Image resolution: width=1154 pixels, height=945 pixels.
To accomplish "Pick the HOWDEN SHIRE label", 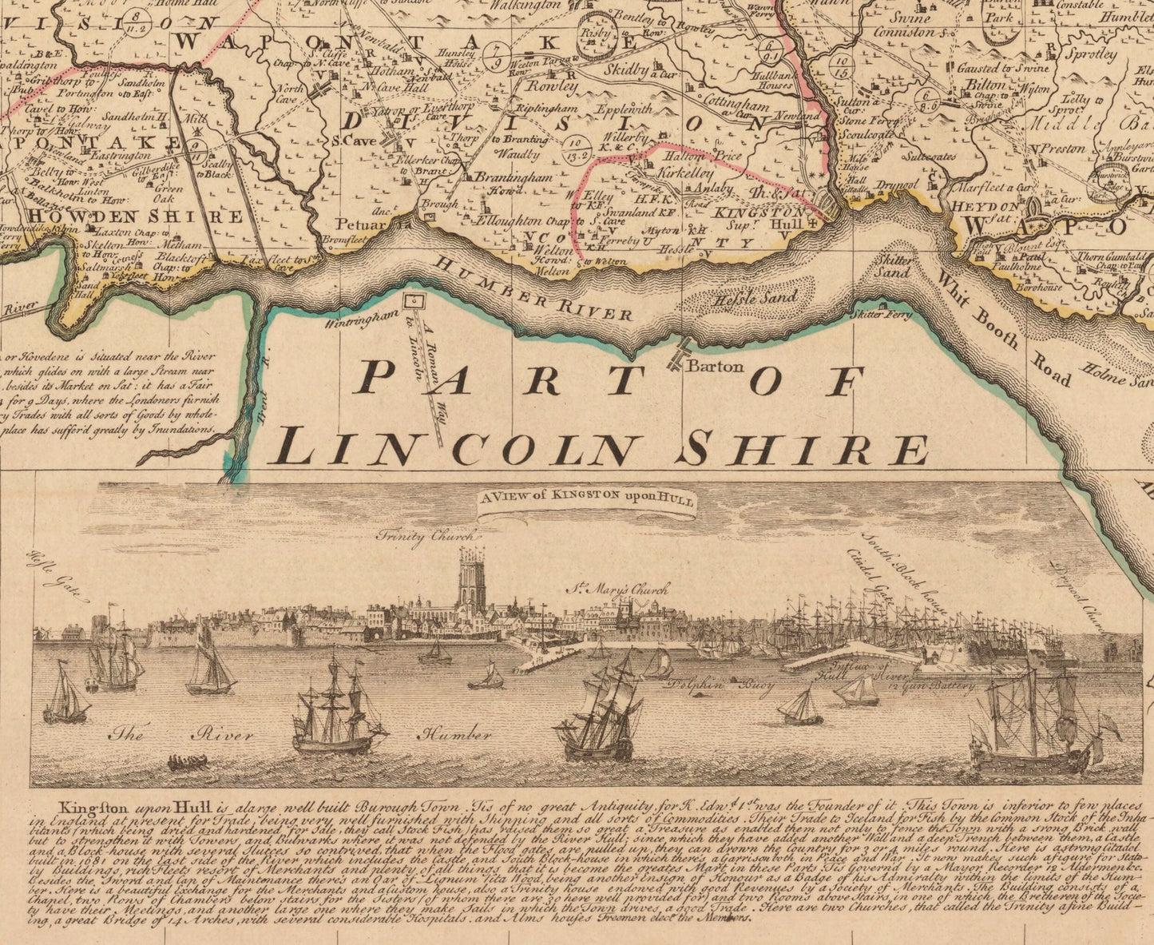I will click(136, 216).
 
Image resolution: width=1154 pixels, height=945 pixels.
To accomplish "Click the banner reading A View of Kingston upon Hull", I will click(587, 499).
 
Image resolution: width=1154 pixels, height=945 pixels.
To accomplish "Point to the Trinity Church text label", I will click(426, 537).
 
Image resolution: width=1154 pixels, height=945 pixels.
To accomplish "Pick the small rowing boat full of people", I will click(188, 762).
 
